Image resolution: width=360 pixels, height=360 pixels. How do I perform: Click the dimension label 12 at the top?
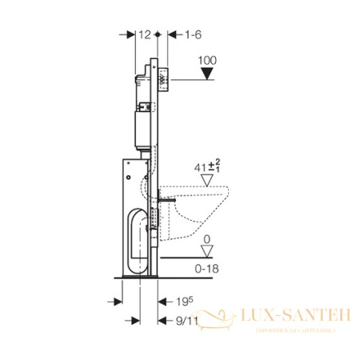[x=143, y=34]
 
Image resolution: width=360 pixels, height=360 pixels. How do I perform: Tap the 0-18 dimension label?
[x=209, y=269]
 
